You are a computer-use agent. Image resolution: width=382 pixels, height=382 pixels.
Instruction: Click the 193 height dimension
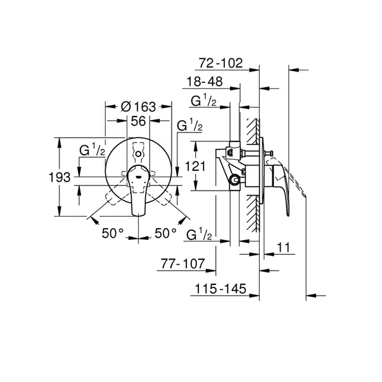(x=59, y=177)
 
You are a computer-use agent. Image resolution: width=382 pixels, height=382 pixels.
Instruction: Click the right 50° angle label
(x=165, y=233)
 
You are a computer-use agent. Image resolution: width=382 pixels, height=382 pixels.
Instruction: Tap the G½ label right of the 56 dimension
(x=190, y=125)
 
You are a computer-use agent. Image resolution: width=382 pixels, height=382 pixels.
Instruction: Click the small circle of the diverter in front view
(x=138, y=154)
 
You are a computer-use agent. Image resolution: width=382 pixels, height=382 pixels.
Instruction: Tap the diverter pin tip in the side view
(x=272, y=153)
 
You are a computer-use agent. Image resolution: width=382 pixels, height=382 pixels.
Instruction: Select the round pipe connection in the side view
(x=236, y=180)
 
